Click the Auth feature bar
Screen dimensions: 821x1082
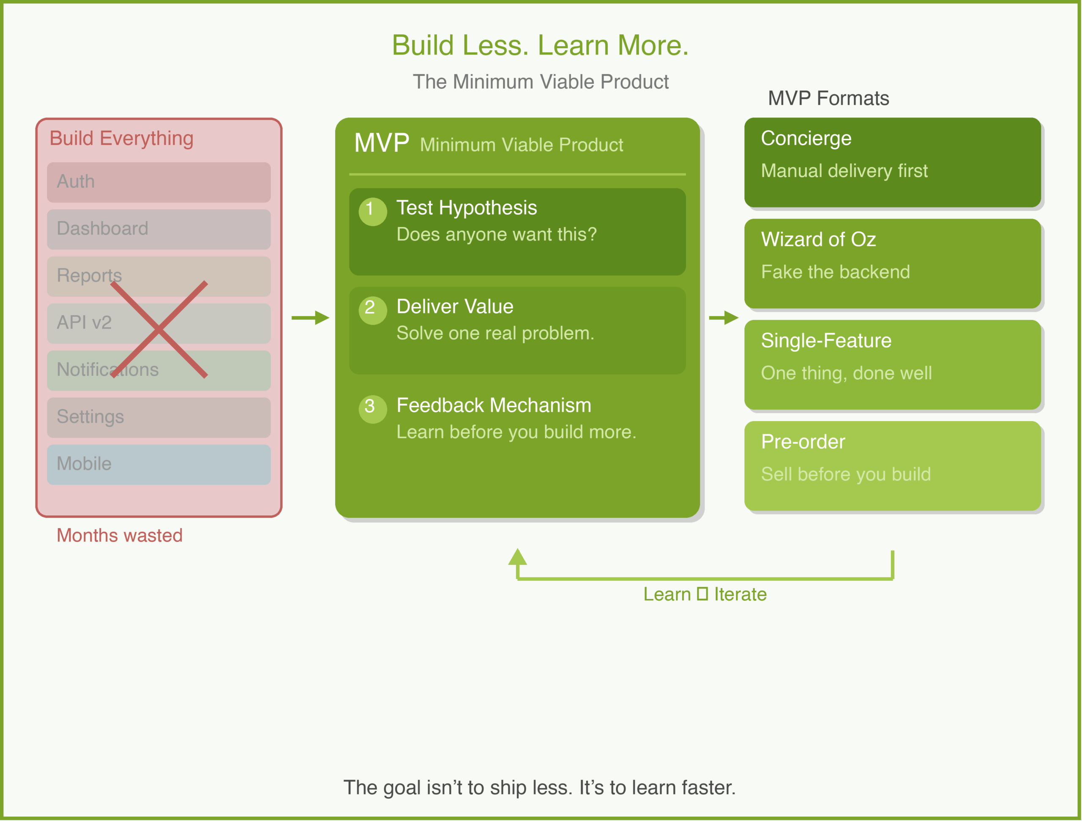(158, 182)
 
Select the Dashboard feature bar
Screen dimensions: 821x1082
(158, 229)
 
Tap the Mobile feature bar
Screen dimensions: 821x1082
(158, 464)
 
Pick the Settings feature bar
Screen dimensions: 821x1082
(158, 417)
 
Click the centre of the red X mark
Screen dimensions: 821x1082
(159, 329)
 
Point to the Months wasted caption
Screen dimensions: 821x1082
(119, 535)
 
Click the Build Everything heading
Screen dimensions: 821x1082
(121, 139)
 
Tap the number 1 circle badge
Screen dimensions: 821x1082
(373, 211)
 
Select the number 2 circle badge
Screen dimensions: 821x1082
(373, 310)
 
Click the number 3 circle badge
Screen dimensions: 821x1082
(373, 409)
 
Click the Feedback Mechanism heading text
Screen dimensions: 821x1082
(494, 405)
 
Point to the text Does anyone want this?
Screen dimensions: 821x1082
(497, 234)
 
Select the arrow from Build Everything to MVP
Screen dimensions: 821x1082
(310, 317)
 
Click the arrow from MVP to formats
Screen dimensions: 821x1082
(724, 317)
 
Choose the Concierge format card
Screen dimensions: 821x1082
(892, 162)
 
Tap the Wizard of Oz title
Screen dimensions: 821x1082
(818, 240)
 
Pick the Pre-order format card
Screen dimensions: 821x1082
(892, 466)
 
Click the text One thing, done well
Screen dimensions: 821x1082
(846, 373)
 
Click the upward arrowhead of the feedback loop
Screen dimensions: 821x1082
(517, 557)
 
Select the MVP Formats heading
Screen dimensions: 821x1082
(828, 99)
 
